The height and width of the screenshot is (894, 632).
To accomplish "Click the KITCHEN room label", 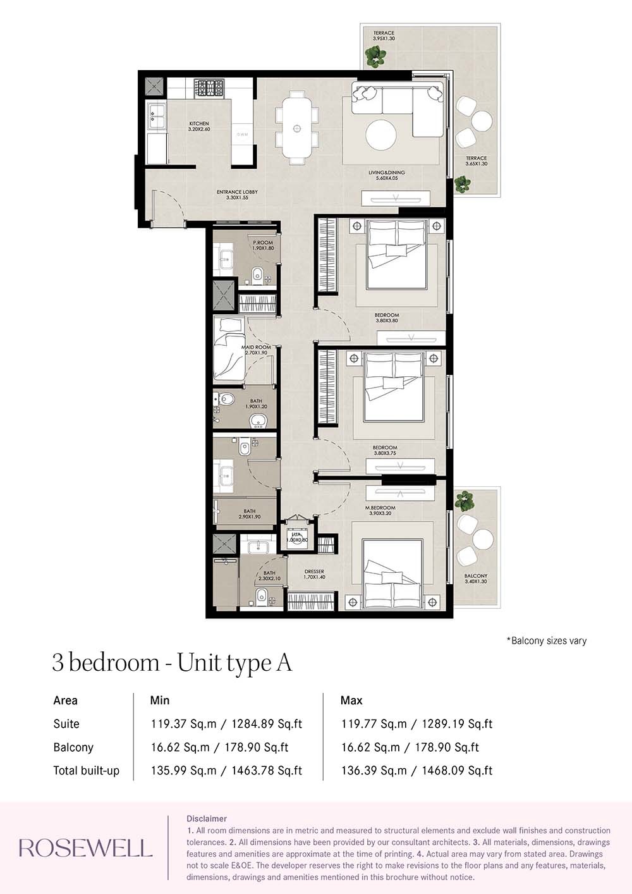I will click(198, 126).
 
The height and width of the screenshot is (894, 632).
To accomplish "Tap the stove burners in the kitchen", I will click(209, 87).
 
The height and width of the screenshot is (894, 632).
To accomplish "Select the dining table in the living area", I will click(296, 128).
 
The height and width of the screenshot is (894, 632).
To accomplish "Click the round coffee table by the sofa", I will click(381, 135).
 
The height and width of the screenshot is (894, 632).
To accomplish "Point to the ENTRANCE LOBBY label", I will click(237, 195).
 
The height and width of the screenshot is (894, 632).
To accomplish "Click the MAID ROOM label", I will click(256, 350).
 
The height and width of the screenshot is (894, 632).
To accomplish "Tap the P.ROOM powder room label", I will click(263, 245).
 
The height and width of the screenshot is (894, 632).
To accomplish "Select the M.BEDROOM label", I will click(380, 510).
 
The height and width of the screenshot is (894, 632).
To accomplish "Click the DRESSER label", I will click(314, 574).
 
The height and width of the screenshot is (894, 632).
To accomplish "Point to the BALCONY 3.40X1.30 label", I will click(475, 579).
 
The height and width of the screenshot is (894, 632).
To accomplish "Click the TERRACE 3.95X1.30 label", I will click(384, 35).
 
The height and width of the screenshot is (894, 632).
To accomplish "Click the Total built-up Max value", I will click(416, 771).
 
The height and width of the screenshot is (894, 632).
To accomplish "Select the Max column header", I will click(351, 701).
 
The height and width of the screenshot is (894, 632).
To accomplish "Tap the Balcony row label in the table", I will click(73, 747).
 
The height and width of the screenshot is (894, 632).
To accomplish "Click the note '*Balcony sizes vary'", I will click(546, 640).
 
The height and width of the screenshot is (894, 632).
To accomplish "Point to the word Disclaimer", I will click(206, 819).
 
